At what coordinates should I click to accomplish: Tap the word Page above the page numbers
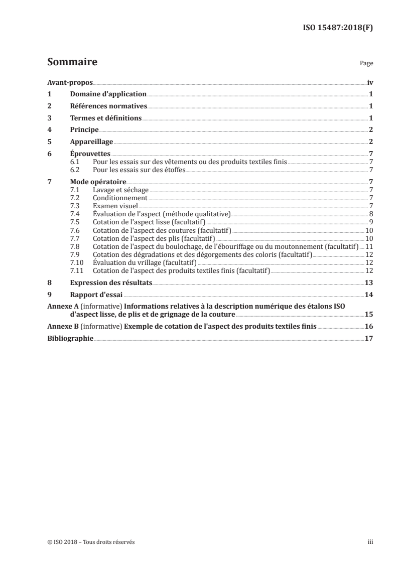coord(366,64)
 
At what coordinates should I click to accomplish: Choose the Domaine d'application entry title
coord(108,94)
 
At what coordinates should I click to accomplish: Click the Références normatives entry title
coord(108,106)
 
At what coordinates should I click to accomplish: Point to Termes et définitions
coord(106,118)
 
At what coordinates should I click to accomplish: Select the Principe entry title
coord(84,130)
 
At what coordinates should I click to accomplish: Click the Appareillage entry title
coord(92,142)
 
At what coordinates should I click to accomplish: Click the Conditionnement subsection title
coord(115,198)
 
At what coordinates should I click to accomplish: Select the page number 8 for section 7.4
coord(370,214)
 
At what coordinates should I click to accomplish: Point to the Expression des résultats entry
coord(111,283)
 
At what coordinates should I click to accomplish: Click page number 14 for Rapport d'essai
coord(368,295)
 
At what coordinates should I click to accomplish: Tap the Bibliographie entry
coord(70,339)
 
